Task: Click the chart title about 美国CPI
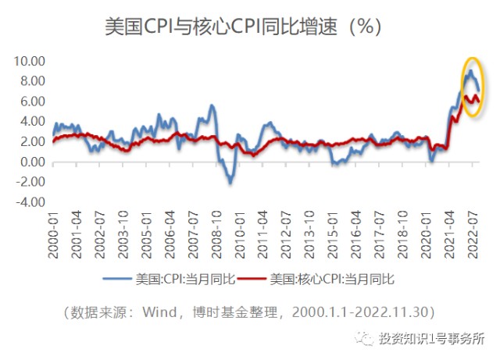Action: (243, 26)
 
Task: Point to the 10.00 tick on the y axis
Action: (30, 61)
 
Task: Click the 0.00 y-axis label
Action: (33, 162)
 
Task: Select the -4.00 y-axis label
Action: (30, 202)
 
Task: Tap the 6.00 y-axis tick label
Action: (33, 102)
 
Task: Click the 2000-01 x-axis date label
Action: (53, 234)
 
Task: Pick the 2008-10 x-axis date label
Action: (216, 234)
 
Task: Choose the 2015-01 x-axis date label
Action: (333, 234)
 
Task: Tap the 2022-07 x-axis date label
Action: (473, 234)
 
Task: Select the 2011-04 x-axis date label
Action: (262, 234)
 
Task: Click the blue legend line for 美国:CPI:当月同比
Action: (117, 279)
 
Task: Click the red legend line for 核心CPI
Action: (252, 279)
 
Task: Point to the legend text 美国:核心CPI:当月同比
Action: (332, 280)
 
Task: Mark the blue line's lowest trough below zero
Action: (230, 183)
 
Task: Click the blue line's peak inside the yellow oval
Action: (470, 70)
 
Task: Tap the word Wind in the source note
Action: (159, 312)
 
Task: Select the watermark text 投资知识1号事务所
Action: (432, 339)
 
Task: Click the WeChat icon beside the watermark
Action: (365, 338)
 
